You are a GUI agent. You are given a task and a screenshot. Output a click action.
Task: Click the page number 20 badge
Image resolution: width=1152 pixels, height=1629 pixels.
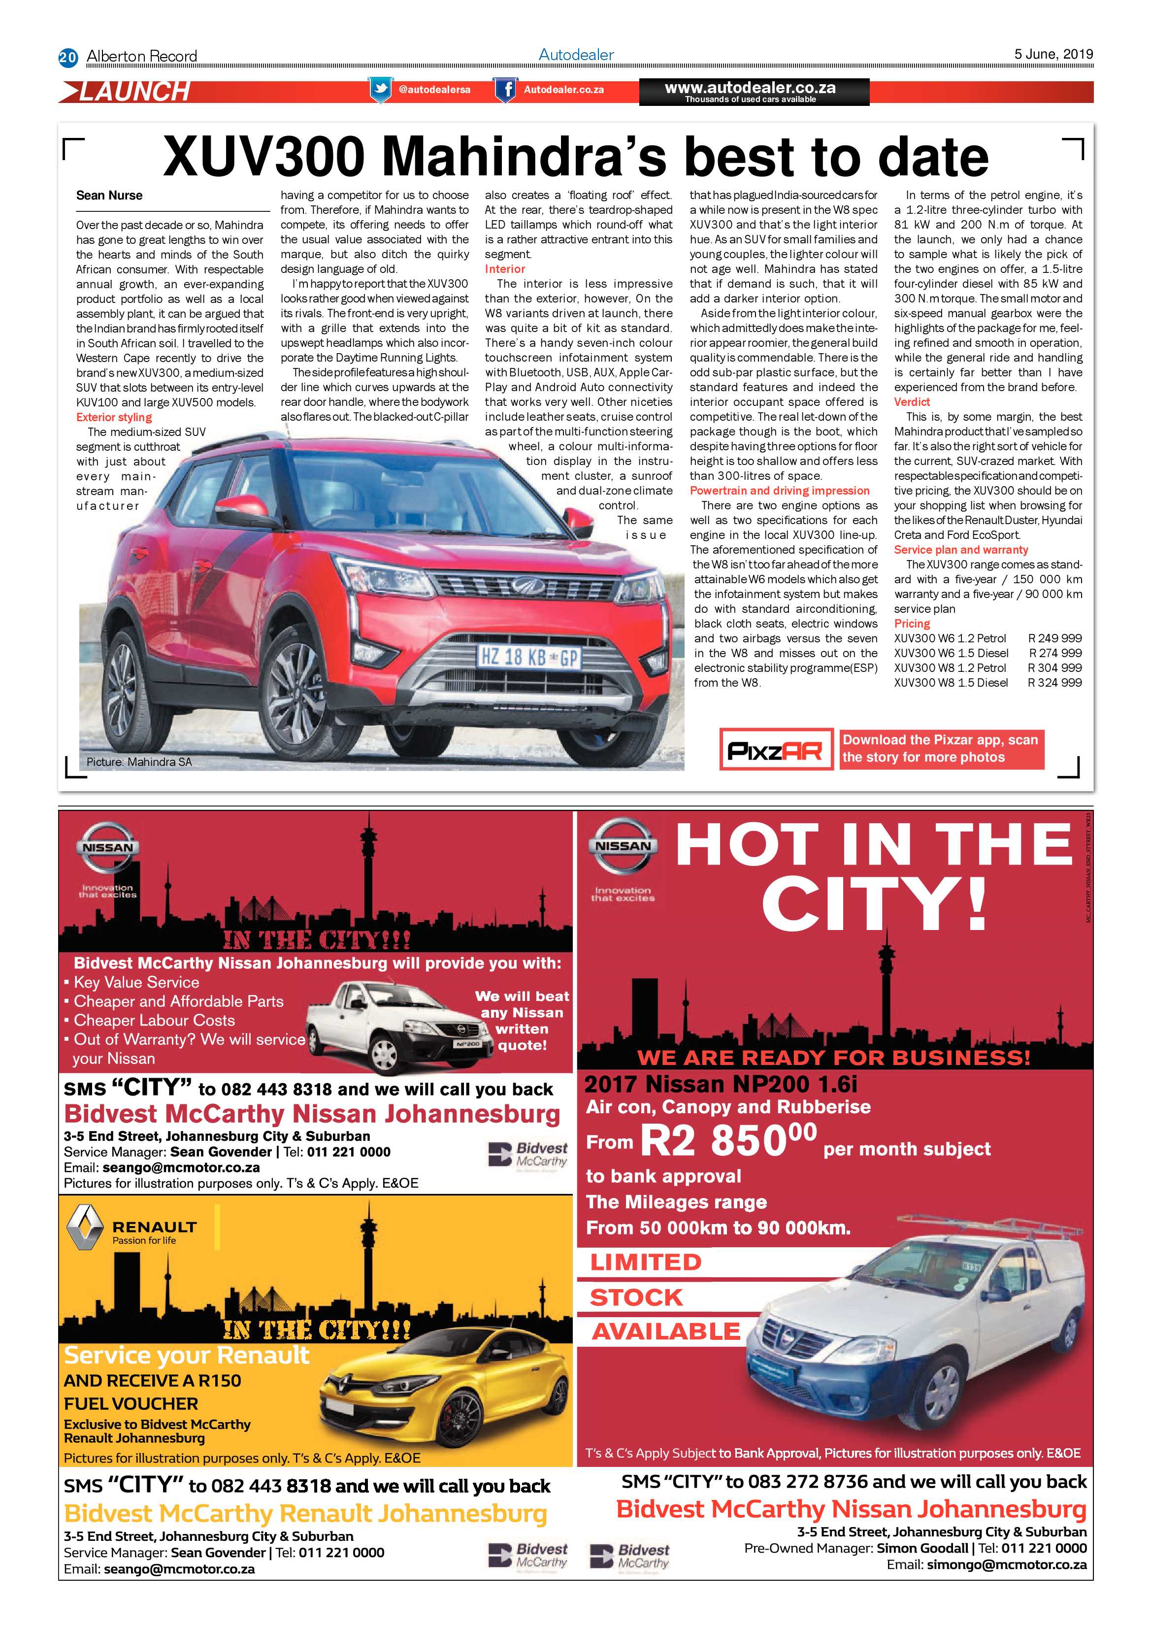(x=67, y=57)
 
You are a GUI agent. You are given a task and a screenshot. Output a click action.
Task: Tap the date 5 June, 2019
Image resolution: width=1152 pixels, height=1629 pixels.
(x=1053, y=54)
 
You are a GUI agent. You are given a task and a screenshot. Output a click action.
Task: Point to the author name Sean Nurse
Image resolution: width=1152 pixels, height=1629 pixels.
(x=109, y=195)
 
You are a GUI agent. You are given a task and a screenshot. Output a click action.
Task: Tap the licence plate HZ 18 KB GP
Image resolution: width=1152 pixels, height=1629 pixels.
(x=528, y=657)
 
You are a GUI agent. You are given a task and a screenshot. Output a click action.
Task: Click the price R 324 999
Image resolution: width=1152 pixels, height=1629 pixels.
(x=1055, y=683)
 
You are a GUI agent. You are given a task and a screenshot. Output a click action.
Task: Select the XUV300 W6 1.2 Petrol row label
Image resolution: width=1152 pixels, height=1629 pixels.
(x=950, y=638)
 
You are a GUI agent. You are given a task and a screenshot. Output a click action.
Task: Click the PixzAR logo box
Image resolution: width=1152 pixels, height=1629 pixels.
(x=775, y=749)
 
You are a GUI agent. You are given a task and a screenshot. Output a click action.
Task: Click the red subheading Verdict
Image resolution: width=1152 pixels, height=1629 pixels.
(x=912, y=401)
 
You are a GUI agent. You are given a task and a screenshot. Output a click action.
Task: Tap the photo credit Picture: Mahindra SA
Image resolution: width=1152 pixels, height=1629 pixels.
(x=139, y=762)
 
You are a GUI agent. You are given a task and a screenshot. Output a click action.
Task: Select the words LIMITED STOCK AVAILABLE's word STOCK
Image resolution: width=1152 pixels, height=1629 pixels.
(x=636, y=1297)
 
